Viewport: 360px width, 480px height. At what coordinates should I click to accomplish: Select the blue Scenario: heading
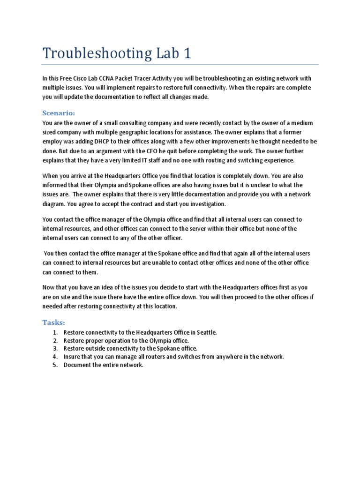(x=59, y=113)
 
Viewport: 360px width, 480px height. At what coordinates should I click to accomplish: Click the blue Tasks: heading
(x=53, y=322)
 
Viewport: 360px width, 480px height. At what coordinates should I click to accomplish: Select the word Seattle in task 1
(x=206, y=332)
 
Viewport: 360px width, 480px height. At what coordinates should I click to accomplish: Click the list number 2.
(x=55, y=340)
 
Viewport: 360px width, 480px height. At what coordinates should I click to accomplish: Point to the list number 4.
(x=55, y=357)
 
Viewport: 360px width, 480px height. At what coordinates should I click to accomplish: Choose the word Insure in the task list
(x=73, y=357)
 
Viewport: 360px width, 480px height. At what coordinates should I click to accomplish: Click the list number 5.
(x=55, y=365)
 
